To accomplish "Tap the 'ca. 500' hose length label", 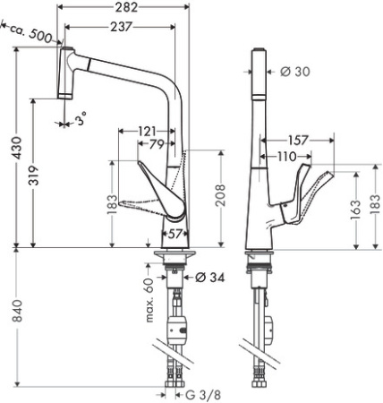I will (x=28, y=34).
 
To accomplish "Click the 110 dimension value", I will (x=286, y=157).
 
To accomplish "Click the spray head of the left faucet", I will (x=64, y=72).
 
